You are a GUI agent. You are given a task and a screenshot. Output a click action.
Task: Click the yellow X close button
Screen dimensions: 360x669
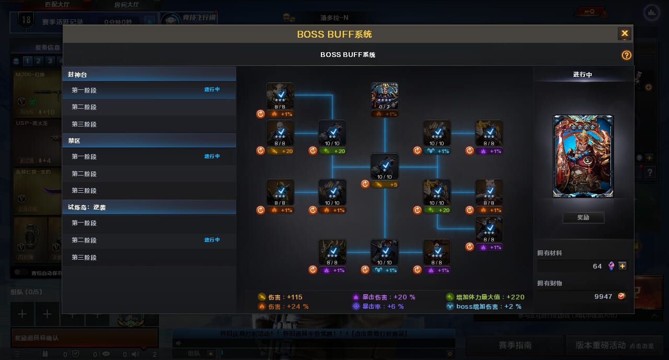625,34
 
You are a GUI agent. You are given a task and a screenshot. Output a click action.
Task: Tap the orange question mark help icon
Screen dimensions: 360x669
626,55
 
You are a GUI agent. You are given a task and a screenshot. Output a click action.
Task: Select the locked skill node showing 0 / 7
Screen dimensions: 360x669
385,96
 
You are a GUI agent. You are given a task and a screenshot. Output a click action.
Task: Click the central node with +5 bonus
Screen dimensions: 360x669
385,167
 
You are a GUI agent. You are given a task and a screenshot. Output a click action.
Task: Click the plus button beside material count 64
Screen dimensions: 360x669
622,266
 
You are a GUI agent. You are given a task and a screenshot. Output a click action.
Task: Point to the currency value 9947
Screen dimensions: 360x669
603,296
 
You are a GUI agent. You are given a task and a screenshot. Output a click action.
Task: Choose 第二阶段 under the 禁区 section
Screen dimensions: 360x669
84,174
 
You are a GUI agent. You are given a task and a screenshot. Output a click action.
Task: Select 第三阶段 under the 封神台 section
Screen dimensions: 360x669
84,124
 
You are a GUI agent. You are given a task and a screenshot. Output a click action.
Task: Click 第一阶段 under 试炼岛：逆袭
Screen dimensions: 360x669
84,223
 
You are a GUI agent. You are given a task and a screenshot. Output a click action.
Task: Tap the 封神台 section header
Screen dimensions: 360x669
77,75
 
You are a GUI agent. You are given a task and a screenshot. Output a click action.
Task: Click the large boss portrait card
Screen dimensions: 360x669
583,156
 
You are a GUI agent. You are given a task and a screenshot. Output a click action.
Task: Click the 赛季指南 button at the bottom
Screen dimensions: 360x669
515,345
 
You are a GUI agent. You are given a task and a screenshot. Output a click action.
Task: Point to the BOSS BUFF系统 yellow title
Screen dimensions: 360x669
334,34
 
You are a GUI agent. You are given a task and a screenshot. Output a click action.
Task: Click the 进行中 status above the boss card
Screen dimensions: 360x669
583,75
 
